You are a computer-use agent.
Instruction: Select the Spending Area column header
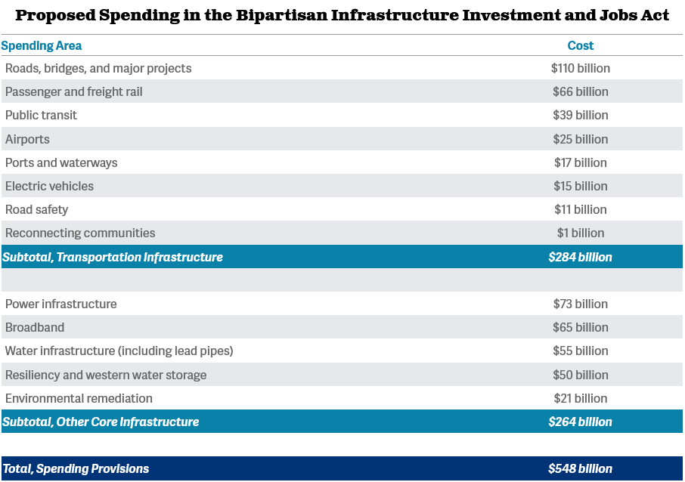42,45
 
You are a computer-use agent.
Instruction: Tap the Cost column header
580,45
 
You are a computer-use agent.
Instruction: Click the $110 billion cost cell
580,68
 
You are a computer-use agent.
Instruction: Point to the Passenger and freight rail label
73,91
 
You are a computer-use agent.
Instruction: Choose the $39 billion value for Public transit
580,115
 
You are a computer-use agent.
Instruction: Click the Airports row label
27,139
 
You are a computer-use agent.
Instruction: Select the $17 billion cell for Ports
580,162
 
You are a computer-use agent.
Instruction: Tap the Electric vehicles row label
49,186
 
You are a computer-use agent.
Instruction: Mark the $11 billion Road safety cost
580,209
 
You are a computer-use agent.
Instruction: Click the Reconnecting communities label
80,233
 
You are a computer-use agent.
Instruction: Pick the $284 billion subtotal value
580,257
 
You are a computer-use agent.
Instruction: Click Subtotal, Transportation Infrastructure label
113,257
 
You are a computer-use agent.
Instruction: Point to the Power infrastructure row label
60,304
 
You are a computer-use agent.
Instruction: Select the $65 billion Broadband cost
580,327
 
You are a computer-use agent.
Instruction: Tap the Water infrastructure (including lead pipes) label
119,351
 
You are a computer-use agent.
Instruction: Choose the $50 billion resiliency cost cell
580,375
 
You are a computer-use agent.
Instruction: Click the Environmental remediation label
79,398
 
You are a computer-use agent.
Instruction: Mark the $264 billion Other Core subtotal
580,422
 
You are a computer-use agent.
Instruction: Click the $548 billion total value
580,468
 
